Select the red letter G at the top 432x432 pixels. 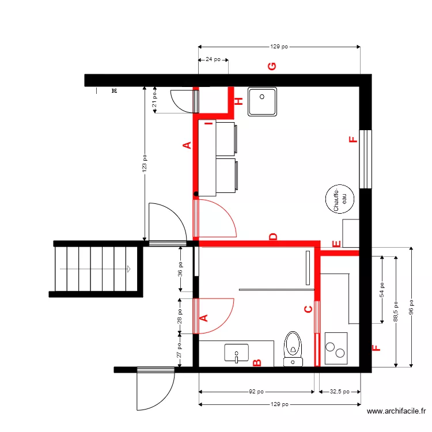pyautogui.click(x=272, y=66)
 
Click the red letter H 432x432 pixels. pyautogui.click(x=238, y=102)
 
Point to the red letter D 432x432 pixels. pyautogui.click(x=273, y=237)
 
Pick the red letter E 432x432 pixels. pyautogui.click(x=336, y=244)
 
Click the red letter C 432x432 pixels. pyautogui.click(x=308, y=310)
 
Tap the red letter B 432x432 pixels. pyautogui.click(x=257, y=362)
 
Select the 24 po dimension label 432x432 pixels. pyautogui.click(x=214, y=59)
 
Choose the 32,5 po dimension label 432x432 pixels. pyautogui.click(x=339, y=392)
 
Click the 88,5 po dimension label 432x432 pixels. pyautogui.click(x=396, y=309)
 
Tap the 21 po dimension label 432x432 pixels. pyautogui.click(x=154, y=100)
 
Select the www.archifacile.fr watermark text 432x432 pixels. pyautogui.click(x=396, y=411)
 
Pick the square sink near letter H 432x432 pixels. pyautogui.click(x=262, y=101)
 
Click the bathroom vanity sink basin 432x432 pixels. pyautogui.click(x=236, y=353)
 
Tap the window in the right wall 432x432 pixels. pyautogui.click(x=365, y=158)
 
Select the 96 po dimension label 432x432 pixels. pyautogui.click(x=411, y=306)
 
